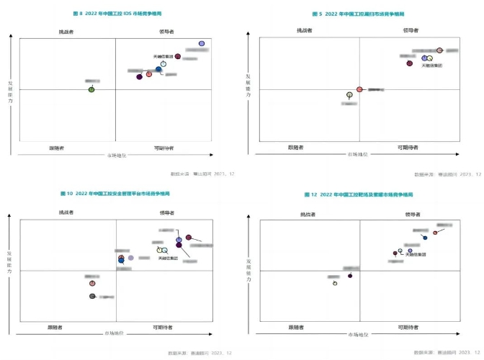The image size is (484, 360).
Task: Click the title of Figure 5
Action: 357,14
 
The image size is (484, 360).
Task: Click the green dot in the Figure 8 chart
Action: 91,89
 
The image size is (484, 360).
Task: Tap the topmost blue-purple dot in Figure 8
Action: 202,44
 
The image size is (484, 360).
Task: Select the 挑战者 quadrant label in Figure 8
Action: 71,31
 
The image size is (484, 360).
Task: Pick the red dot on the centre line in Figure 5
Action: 359,89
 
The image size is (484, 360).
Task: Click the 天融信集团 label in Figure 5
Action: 433,66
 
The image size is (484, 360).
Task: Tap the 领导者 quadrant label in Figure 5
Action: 411,30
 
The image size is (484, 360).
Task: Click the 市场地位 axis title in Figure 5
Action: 358,154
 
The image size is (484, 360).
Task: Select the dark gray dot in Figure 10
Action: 92,296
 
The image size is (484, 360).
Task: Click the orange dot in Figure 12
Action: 435,232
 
